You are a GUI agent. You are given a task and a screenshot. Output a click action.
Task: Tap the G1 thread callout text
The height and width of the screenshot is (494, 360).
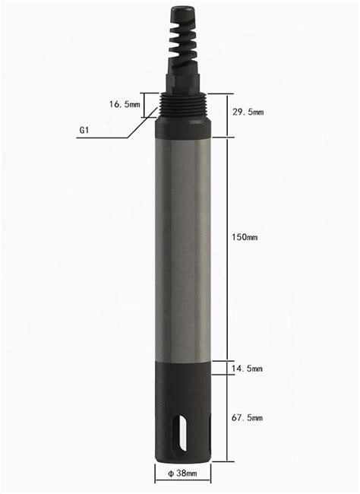pyautogui.click(x=87, y=130)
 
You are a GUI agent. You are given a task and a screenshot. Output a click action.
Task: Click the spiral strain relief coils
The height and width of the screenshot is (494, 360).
pyautogui.click(x=182, y=46)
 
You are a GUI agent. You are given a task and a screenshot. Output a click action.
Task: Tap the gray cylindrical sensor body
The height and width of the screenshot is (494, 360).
pyautogui.click(x=182, y=243)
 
